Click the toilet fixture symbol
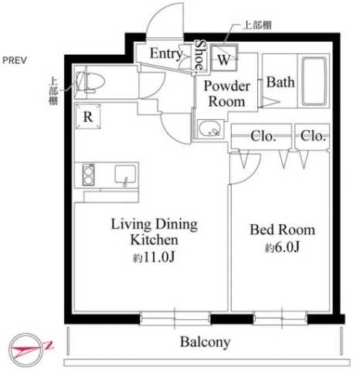click(90, 82)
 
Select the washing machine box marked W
click(224, 58)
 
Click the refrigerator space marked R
click(88, 116)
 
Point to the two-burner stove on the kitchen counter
click(88, 175)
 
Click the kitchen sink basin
click(125, 175)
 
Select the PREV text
click(15, 60)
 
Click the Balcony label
click(205, 342)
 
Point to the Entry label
click(166, 54)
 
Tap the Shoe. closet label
click(200, 55)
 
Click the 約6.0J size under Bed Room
click(282, 247)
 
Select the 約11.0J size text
click(154, 257)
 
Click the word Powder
click(227, 86)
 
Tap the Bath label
click(280, 82)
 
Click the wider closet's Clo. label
click(263, 136)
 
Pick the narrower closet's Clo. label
click(313, 135)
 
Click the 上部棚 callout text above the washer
click(257, 25)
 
